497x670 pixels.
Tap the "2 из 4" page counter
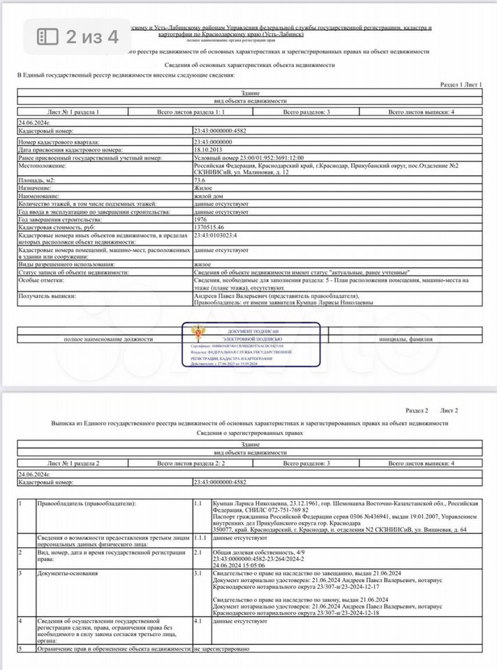(92, 36)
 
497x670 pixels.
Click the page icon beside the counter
(47, 36)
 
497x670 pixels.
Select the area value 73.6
(200, 180)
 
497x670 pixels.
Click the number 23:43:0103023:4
(216, 236)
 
